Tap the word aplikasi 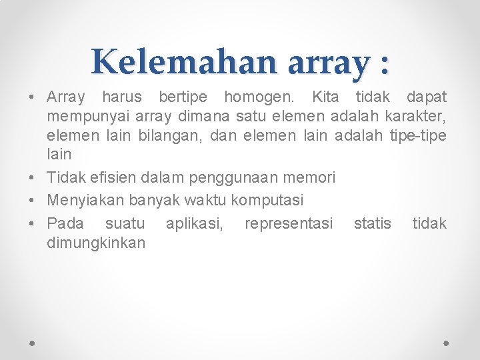tap(195, 223)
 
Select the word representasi tap(289, 223)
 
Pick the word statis tap(372, 223)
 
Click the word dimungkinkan tap(96, 243)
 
